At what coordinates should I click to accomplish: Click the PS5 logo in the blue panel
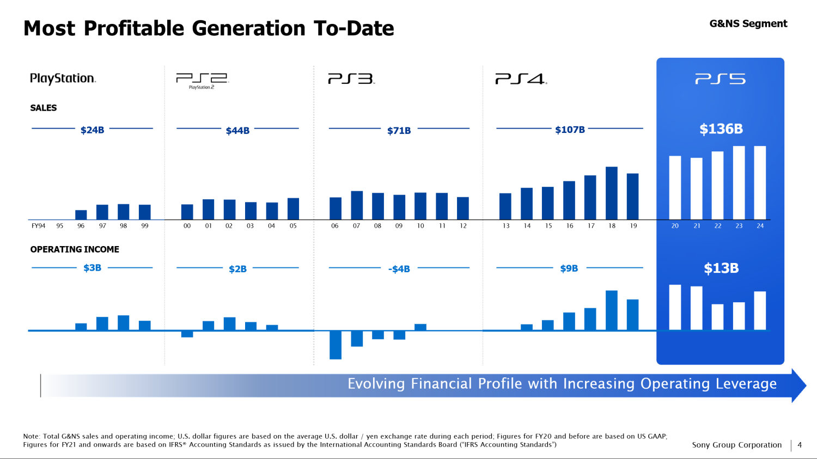(720, 79)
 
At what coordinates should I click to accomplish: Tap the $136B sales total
(721, 129)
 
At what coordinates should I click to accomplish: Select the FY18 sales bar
(611, 193)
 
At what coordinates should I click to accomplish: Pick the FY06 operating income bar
(336, 345)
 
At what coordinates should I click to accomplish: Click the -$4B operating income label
(399, 269)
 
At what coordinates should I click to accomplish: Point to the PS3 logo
(351, 79)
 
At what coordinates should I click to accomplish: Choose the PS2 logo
(202, 80)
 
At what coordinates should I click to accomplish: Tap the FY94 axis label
(38, 226)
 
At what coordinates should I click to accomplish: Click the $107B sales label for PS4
(570, 130)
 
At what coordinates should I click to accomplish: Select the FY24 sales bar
(760, 182)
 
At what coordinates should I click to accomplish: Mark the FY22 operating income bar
(717, 317)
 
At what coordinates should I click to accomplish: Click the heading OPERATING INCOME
(75, 249)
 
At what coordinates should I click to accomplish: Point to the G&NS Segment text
(748, 23)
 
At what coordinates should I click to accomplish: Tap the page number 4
(800, 445)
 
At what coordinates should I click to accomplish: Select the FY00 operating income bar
(187, 334)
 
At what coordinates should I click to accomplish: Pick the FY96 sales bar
(81, 215)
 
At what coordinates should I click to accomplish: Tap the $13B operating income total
(721, 268)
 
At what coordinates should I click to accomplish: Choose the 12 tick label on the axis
(463, 226)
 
